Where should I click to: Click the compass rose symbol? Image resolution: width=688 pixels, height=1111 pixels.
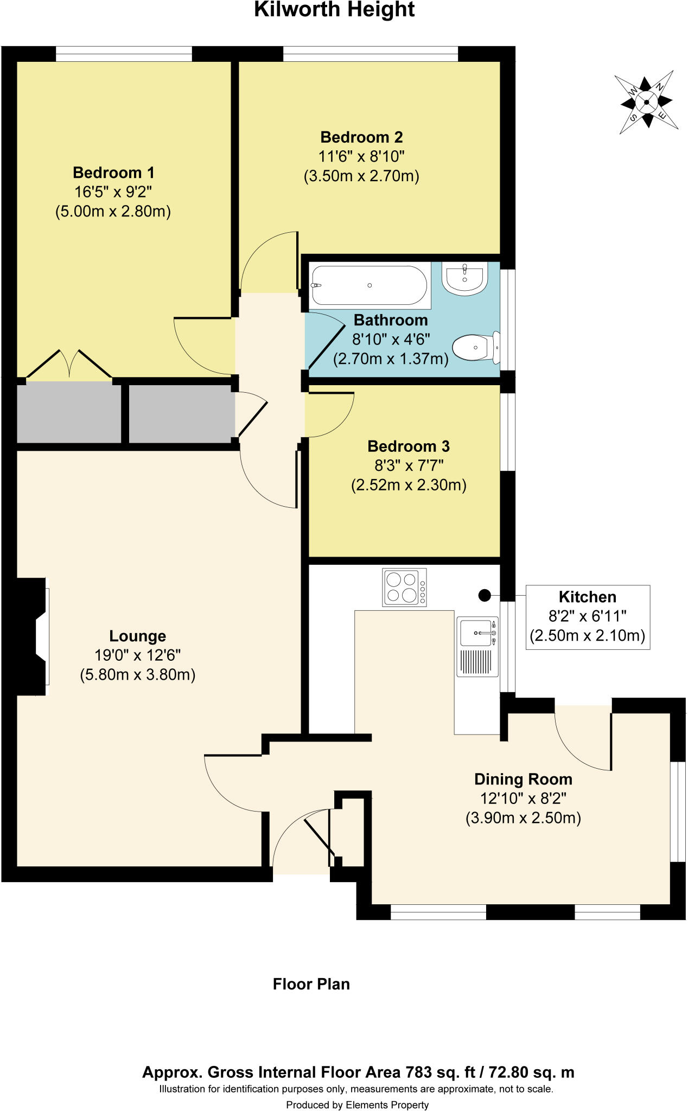[646, 101]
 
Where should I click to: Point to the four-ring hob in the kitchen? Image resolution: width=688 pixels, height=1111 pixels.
[404, 587]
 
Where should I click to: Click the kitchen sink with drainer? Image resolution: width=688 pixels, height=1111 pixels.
[477, 646]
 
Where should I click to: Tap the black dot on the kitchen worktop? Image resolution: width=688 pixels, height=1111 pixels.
[485, 596]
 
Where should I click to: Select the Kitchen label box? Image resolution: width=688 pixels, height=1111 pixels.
[588, 617]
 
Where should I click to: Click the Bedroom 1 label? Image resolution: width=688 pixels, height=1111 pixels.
[113, 173]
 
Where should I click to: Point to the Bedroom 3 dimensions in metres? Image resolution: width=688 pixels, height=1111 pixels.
[409, 485]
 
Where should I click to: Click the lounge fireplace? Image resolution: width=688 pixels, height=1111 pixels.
[33, 636]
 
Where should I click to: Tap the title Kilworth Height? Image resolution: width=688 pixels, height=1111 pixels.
[334, 10]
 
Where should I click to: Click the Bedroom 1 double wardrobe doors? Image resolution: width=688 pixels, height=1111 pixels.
[69, 365]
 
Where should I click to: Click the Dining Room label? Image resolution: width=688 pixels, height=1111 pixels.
[523, 779]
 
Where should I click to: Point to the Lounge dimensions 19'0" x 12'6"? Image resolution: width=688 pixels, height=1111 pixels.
[137, 655]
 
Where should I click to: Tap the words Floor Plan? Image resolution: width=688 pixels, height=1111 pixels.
[311, 984]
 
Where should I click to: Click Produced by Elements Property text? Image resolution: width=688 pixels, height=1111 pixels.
[357, 1104]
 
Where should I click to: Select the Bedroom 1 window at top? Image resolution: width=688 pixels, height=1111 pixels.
[124, 54]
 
